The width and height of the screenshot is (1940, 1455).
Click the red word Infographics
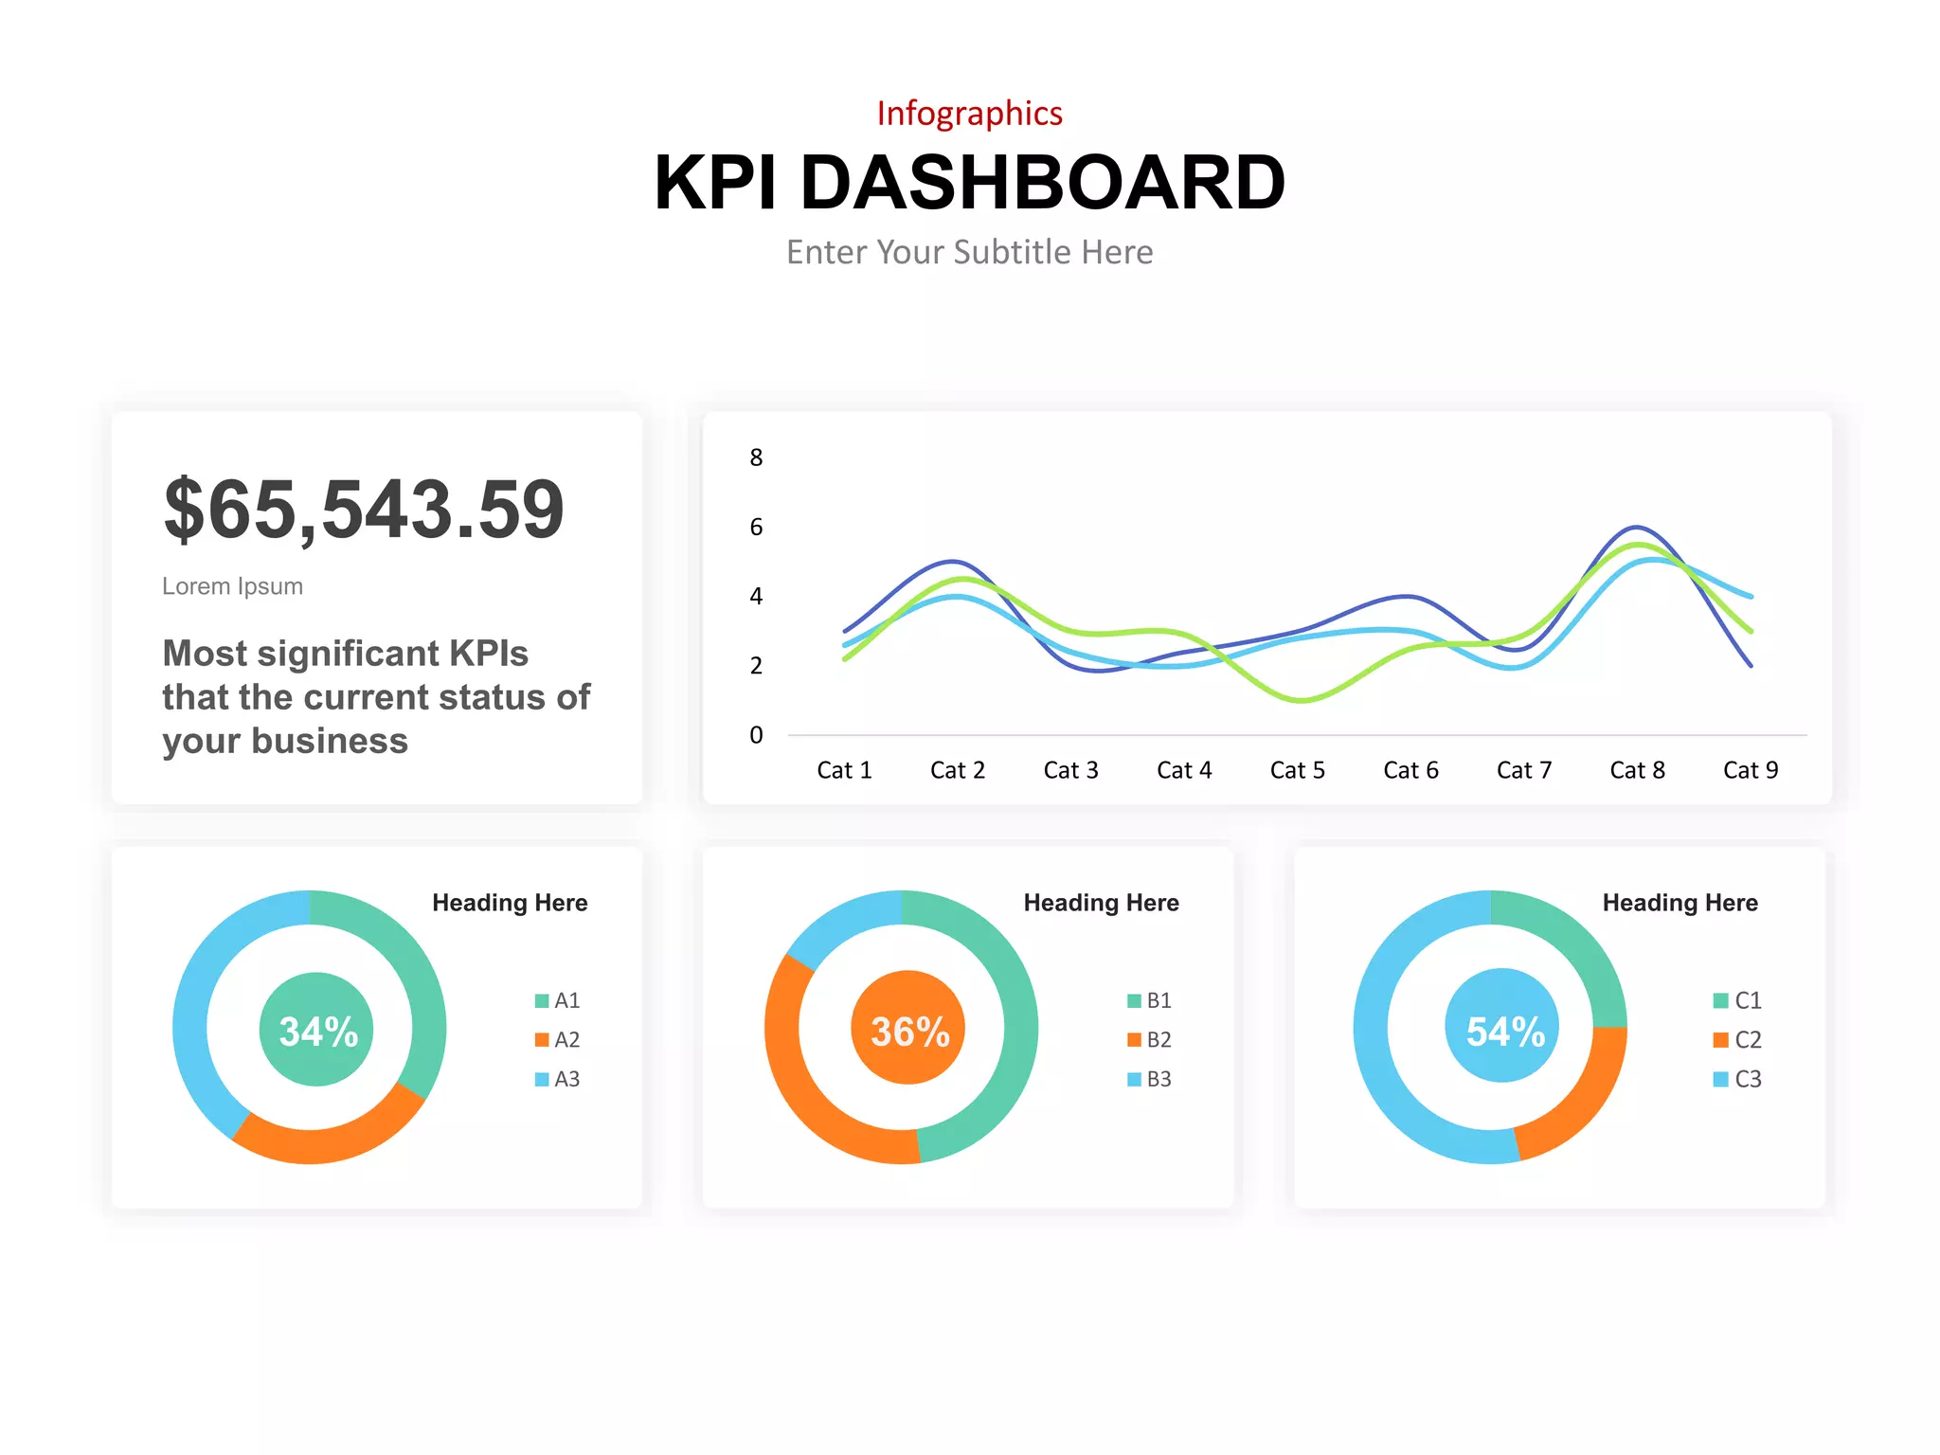[x=969, y=113]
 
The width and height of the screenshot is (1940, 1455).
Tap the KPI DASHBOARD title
[x=969, y=182]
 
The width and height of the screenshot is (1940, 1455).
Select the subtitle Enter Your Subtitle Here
[x=969, y=252]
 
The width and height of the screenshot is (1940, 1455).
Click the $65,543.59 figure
[x=364, y=510]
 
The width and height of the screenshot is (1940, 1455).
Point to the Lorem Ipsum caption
[x=232, y=586]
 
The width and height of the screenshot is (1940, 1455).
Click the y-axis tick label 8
[x=756, y=458]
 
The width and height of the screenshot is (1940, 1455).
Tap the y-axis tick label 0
[x=756, y=735]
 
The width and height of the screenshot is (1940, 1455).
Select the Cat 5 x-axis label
[x=1297, y=770]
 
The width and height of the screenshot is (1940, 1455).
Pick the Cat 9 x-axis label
[x=1750, y=770]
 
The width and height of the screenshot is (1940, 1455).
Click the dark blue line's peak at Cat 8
[x=1636, y=527]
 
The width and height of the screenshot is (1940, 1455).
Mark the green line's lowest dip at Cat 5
[x=1302, y=700]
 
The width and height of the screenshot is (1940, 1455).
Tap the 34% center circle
[x=316, y=1030]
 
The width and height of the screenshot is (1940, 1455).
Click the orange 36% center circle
[x=908, y=1028]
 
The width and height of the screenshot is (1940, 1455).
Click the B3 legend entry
[x=1149, y=1079]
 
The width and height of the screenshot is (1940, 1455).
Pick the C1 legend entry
[x=1737, y=1000]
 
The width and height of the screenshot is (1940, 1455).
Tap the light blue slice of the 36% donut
[x=840, y=922]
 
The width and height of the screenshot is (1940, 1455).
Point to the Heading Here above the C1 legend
[x=1680, y=903]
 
